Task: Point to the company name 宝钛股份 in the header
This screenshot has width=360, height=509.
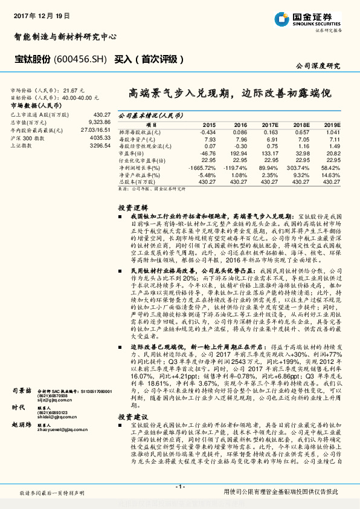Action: coord(31,59)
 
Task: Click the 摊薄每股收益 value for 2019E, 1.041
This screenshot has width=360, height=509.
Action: coord(333,132)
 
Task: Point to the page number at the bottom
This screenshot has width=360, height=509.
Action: coord(179,487)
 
